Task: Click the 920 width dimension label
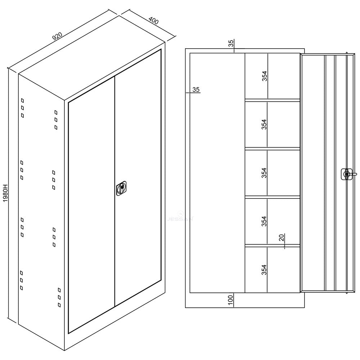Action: pyautogui.click(x=58, y=36)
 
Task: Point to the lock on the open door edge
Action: pyautogui.click(x=347, y=174)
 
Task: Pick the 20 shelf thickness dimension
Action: pyautogui.click(x=282, y=237)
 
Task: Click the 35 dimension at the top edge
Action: pyautogui.click(x=231, y=43)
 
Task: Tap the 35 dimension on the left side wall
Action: pyautogui.click(x=196, y=90)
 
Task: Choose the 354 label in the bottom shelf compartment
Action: pyautogui.click(x=265, y=270)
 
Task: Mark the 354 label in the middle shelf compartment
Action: pyautogui.click(x=265, y=173)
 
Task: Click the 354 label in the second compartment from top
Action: pyautogui.click(x=265, y=124)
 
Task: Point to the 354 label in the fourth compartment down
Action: pyautogui.click(x=265, y=221)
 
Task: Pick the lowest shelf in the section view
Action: pyautogui.click(x=273, y=246)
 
